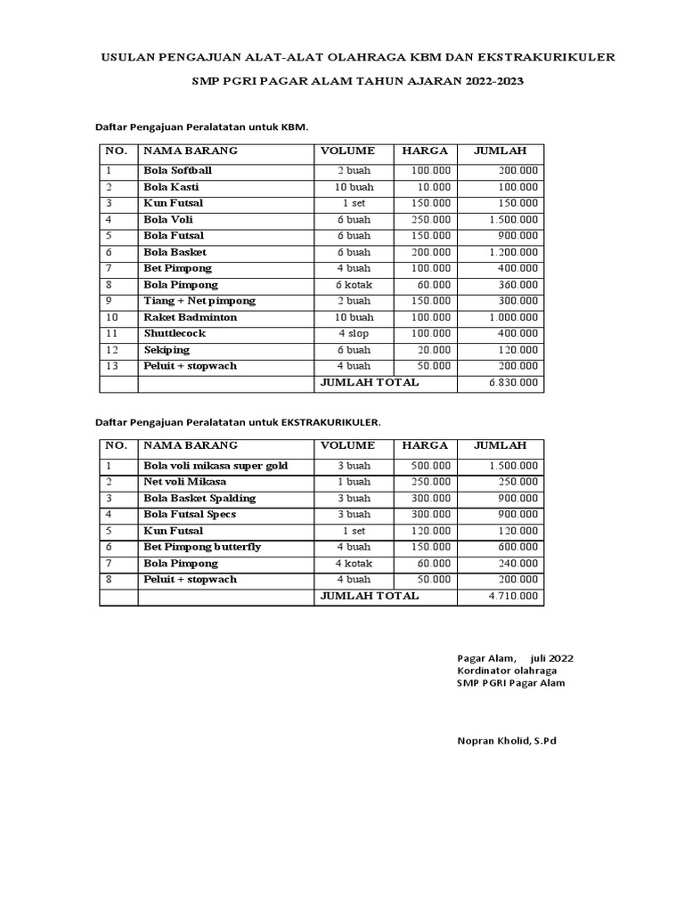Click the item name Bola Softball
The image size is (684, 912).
177,170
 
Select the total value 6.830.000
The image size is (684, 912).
513,383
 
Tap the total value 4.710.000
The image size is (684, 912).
513,596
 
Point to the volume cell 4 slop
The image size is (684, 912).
354,333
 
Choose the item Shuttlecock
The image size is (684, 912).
175,333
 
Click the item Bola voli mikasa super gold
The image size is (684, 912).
216,466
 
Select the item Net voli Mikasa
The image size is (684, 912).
184,482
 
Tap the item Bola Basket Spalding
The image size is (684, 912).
199,498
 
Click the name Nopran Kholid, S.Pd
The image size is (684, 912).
506,740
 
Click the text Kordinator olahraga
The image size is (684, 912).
507,671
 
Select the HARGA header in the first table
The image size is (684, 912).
425,151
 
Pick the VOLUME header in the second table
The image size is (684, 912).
347,445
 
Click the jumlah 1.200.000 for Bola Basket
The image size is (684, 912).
513,252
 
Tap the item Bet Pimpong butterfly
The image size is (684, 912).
202,547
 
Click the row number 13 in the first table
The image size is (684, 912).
110,366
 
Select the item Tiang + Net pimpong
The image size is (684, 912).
199,301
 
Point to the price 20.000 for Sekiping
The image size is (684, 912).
432,350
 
